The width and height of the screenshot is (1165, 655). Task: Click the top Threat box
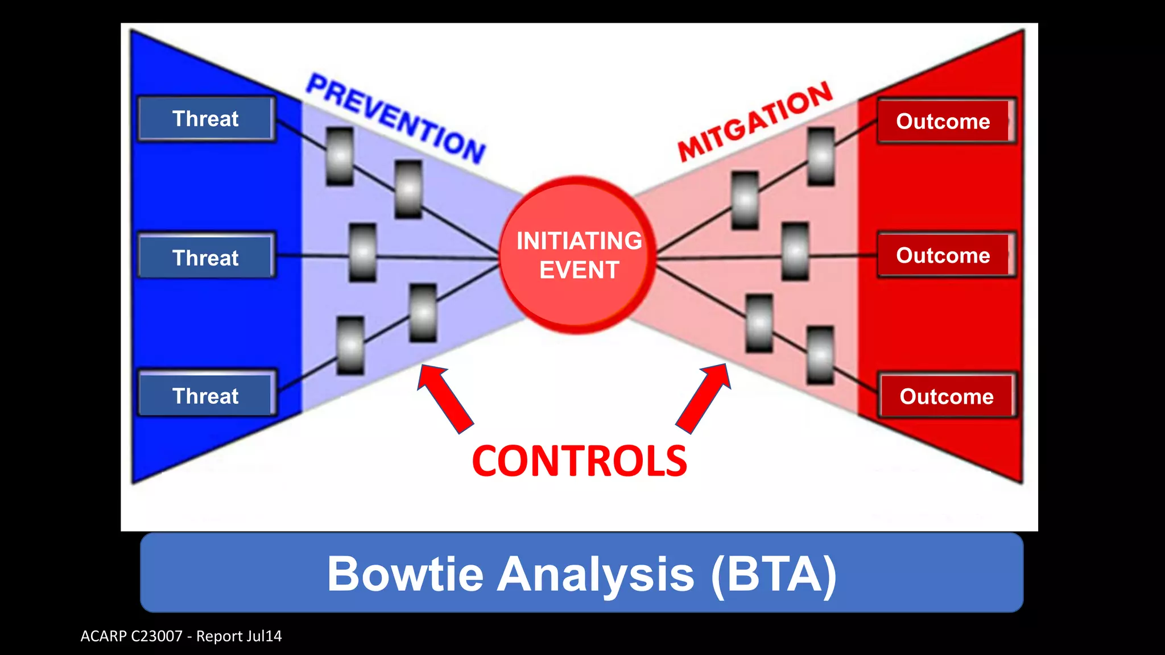pos(206,119)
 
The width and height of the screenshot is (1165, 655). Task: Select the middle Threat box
pos(206,257)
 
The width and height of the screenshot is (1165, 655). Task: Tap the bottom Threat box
pos(206,395)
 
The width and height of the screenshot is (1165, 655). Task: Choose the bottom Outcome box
pos(946,396)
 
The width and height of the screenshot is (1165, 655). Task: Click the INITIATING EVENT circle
pos(579,255)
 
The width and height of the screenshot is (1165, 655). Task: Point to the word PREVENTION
pos(396,118)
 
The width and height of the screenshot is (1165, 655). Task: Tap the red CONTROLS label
pos(579,461)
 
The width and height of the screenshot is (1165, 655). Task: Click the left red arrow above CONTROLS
pos(445,398)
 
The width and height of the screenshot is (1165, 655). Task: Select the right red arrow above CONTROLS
pos(704,398)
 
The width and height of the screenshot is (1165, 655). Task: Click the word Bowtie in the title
pos(405,574)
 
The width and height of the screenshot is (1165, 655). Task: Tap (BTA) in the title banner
pos(774,574)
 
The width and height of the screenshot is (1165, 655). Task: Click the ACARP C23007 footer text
pos(181,636)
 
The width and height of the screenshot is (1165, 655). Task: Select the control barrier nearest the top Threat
pos(340,156)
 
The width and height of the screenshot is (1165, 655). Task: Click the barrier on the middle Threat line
pos(362,252)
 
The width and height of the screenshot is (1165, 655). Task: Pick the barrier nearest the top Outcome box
pos(821,156)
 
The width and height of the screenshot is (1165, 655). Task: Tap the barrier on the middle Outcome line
pos(795,251)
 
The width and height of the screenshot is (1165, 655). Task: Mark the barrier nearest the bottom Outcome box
pos(820,355)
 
